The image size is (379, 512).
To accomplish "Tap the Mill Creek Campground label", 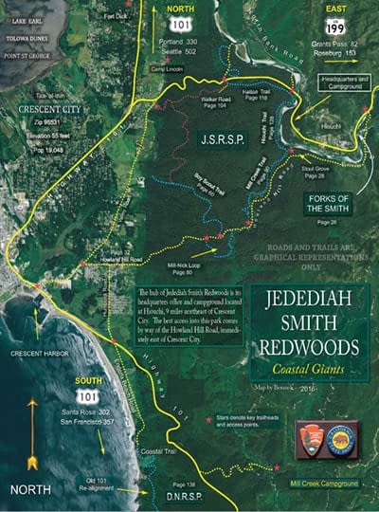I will (324, 483).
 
